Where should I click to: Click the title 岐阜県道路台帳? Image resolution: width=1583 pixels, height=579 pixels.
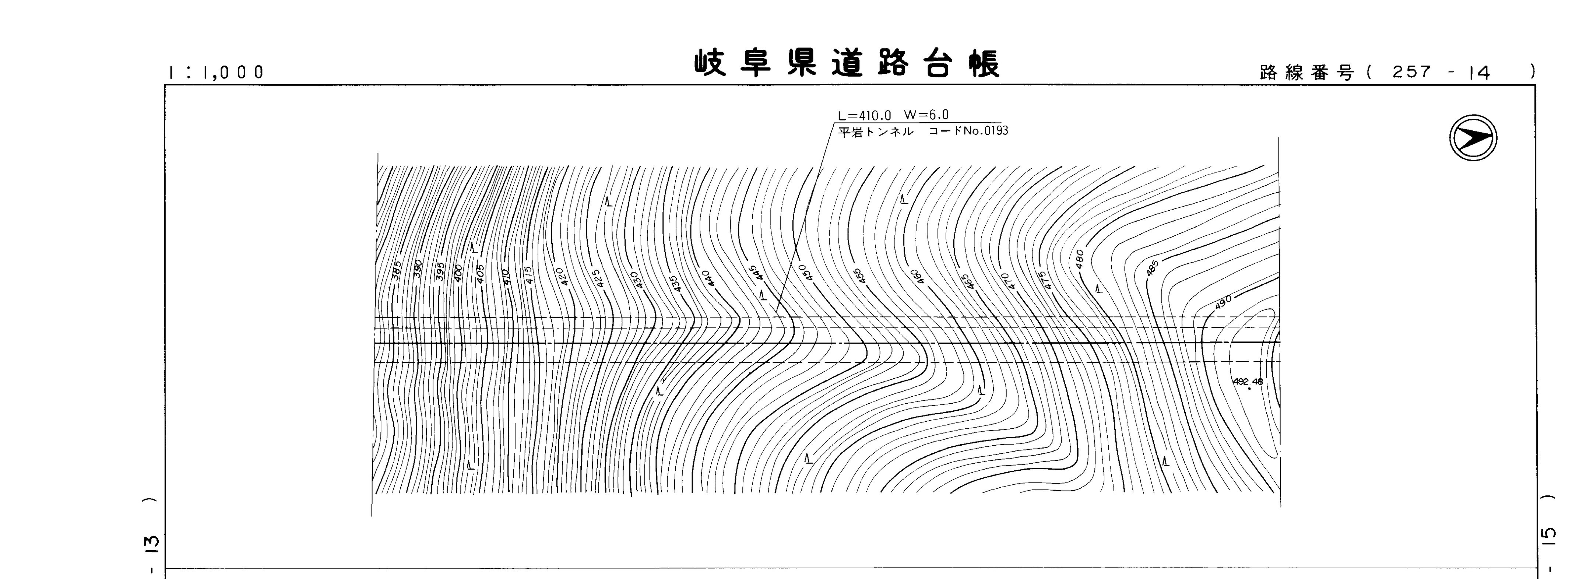pos(847,64)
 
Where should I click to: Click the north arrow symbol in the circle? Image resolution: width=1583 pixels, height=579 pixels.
pos(1473,138)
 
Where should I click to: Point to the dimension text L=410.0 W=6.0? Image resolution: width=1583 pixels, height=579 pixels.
pos(893,115)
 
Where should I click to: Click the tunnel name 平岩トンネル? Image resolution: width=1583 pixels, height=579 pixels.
pos(876,131)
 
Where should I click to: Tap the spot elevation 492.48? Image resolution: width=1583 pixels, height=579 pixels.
pos(1248,381)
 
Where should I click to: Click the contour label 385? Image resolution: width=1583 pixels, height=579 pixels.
pos(396,270)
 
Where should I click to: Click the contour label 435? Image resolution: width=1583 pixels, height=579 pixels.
pos(675,283)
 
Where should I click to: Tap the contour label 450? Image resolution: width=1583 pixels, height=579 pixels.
pos(803,272)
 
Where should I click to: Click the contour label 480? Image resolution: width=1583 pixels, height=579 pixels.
pos(1079,258)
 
